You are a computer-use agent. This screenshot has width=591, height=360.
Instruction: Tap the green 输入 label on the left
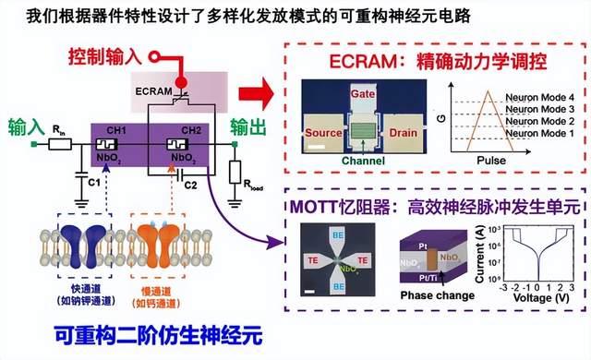[x=25, y=124]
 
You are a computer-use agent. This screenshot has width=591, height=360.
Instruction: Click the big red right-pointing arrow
[x=250, y=92]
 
